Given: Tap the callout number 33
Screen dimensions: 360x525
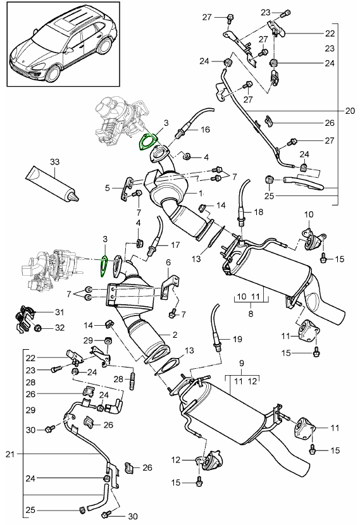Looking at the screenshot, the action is [54, 162].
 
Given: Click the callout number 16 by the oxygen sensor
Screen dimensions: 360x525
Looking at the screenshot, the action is [205, 129].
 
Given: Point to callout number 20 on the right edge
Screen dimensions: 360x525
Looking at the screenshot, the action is [350, 111].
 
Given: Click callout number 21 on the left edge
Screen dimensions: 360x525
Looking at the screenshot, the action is [10, 454].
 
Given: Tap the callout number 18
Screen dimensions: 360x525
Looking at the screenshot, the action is [259, 212].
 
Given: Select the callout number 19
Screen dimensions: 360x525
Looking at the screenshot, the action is [237, 339].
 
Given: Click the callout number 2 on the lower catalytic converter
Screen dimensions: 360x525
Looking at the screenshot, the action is [175, 335].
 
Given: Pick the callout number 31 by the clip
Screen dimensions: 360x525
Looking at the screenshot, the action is [59, 312].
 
